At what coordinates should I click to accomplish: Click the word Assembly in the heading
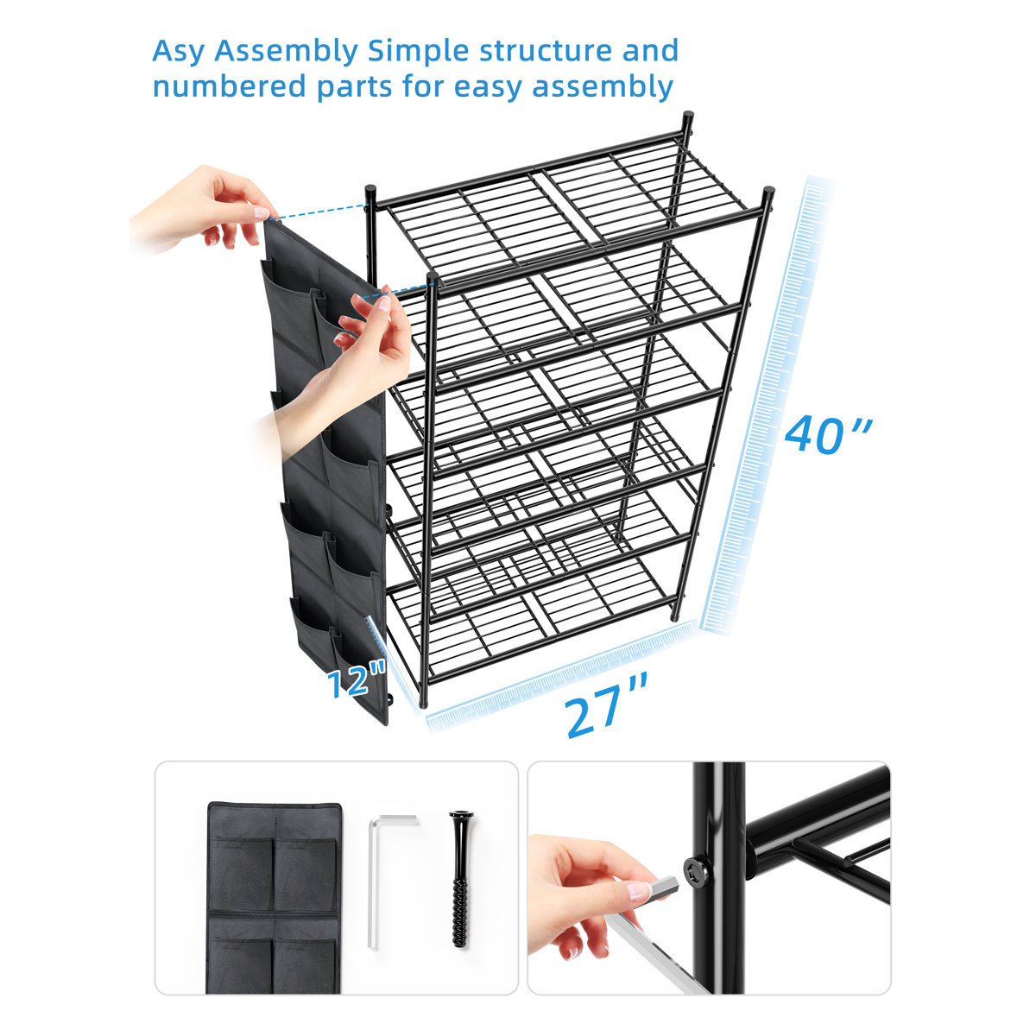click(286, 52)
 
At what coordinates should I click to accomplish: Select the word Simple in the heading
click(419, 52)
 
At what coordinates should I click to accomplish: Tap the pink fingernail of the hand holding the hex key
click(640, 891)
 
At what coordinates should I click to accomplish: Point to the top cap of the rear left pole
click(370, 188)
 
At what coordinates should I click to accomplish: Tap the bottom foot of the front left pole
click(426, 704)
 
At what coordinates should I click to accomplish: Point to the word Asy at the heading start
click(179, 52)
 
